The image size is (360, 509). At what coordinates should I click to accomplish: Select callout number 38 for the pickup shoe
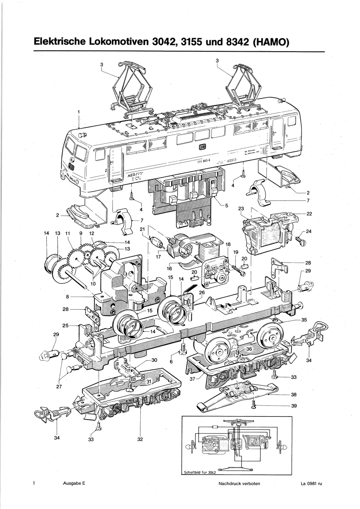tap(294, 394)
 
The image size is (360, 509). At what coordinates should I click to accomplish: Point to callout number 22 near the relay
tap(309, 214)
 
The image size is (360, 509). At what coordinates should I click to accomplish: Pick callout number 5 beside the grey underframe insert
tap(226, 206)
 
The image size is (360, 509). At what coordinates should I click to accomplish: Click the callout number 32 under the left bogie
tap(140, 439)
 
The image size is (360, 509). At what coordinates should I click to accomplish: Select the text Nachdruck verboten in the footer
tap(239, 483)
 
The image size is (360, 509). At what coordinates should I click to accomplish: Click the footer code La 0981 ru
tap(309, 483)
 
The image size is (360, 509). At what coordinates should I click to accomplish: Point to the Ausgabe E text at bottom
tap(74, 483)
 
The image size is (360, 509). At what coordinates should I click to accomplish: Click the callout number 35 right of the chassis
tap(304, 320)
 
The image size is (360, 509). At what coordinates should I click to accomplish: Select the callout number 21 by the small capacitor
tap(142, 230)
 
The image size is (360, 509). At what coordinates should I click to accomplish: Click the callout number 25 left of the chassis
tap(65, 325)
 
